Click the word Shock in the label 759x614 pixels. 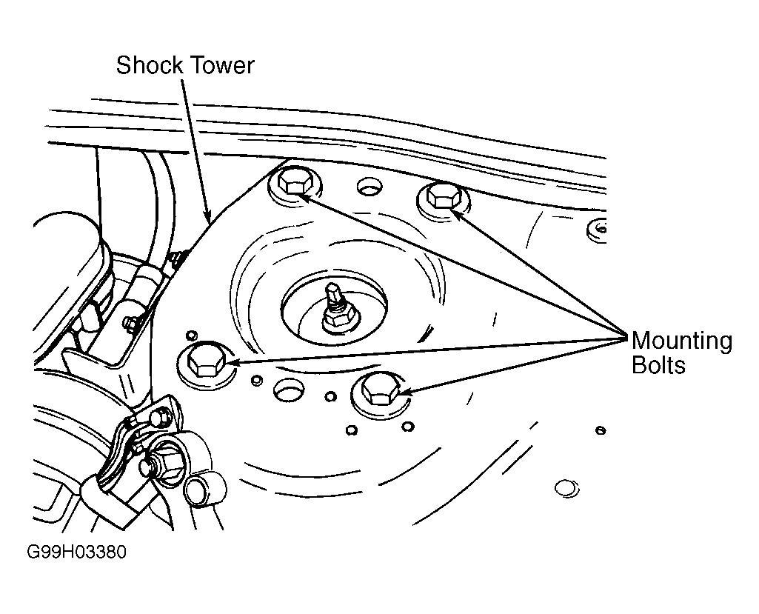[150, 65]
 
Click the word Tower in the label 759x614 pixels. [221, 65]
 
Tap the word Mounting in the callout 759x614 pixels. [682, 341]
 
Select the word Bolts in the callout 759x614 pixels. [658, 364]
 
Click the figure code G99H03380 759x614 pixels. [76, 552]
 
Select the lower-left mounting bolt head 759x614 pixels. [205, 361]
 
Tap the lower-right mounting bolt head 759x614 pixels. [381, 390]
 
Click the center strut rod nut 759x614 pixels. [341, 317]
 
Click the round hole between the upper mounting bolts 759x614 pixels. [370, 187]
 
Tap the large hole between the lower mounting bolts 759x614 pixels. [289, 389]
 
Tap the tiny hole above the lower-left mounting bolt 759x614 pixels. [193, 335]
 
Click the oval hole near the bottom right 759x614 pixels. [566, 488]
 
